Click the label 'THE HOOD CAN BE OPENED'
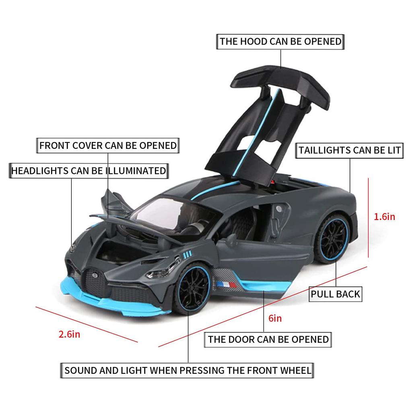click(x=280, y=42)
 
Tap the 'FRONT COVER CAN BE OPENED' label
click(x=108, y=145)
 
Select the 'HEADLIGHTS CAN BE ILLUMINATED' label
click(x=89, y=171)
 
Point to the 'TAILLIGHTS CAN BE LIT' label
click(x=350, y=150)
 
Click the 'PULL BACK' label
click(x=335, y=294)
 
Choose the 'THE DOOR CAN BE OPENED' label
click(x=268, y=339)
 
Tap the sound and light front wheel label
click(x=188, y=370)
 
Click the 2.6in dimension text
click(x=70, y=334)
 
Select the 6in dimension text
click(x=275, y=319)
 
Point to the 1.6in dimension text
click(x=384, y=217)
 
